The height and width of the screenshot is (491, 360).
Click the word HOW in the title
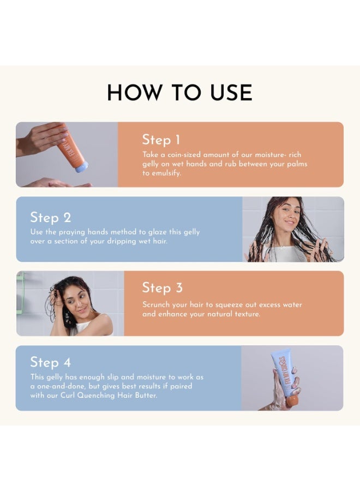click(x=135, y=92)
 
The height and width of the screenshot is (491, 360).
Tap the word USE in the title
click(x=231, y=92)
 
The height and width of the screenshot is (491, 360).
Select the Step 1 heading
click(x=161, y=140)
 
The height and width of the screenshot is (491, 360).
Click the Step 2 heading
click(x=51, y=217)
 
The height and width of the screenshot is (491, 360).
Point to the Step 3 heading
click(x=162, y=288)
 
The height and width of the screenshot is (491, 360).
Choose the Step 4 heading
click(x=50, y=362)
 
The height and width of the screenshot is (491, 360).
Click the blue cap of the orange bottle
click(x=82, y=167)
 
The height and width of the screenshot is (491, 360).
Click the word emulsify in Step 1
click(x=166, y=173)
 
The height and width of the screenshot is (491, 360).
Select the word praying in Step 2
click(x=72, y=232)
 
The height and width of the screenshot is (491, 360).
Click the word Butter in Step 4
click(x=146, y=396)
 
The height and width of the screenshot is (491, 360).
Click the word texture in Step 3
click(x=247, y=314)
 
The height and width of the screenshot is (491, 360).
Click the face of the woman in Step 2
click(x=287, y=214)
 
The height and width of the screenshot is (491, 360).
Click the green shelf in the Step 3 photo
click(x=20, y=292)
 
